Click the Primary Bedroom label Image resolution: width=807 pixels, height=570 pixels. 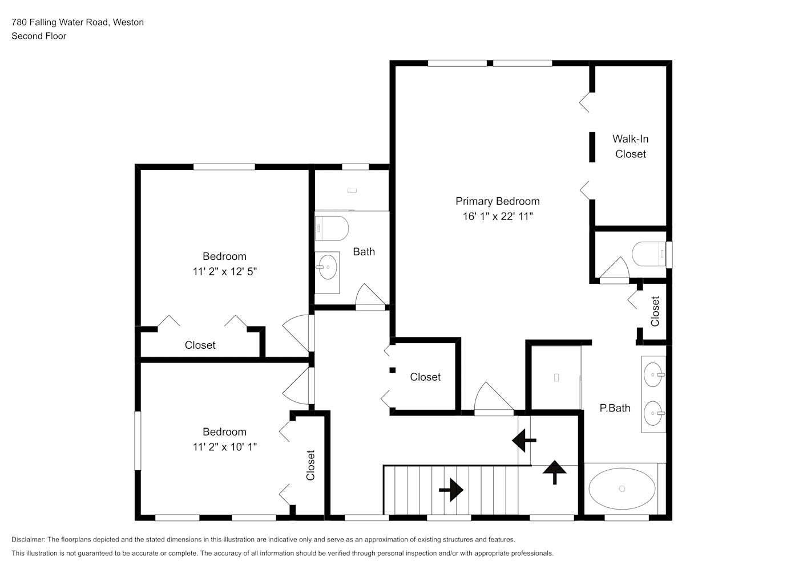coord(498,201)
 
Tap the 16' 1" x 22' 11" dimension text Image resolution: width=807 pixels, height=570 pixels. coord(498,216)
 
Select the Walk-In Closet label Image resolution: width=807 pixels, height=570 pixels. coord(631,146)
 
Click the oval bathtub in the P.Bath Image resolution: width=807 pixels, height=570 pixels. coord(622,488)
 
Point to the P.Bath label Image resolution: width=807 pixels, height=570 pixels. coord(615,408)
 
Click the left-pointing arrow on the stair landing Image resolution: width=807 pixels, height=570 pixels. coord(524,440)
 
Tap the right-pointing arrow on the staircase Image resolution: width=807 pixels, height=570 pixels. coord(451,490)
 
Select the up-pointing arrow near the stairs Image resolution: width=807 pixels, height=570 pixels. coord(554,472)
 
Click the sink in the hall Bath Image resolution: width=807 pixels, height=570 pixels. coord(328,267)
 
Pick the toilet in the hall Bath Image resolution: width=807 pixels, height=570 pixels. coord(332,228)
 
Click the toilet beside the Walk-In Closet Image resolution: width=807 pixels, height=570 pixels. coord(649,254)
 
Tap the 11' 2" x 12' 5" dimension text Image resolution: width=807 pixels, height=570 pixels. coord(224,271)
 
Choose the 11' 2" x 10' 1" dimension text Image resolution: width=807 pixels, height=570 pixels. coord(224,447)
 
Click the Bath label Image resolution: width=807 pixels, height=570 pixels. coord(364,252)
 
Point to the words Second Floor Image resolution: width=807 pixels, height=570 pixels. coord(39,36)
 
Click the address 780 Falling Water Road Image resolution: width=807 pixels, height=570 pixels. coord(60,22)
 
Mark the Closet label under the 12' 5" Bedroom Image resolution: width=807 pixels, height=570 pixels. coord(200,345)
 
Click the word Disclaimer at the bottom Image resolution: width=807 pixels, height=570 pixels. coord(28,539)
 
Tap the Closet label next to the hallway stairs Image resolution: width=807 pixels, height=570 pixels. coord(425,377)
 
